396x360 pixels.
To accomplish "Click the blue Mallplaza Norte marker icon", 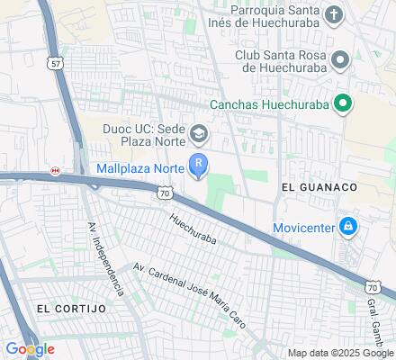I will [198, 165].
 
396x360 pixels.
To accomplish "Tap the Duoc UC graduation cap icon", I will [198, 136].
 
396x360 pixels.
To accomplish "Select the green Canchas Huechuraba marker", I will [342, 104].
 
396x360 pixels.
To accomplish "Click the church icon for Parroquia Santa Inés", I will [334, 14].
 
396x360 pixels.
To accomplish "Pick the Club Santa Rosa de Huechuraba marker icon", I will [340, 59].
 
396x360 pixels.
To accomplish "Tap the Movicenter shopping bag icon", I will [346, 226].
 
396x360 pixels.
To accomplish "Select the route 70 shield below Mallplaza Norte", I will [163, 192].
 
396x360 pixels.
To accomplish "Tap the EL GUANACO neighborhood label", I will [319, 186].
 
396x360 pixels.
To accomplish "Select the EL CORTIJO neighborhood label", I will [71, 308].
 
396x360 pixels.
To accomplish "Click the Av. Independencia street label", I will [104, 260].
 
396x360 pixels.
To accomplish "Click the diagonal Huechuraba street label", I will [193, 229].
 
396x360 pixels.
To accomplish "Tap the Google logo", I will [30, 349].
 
